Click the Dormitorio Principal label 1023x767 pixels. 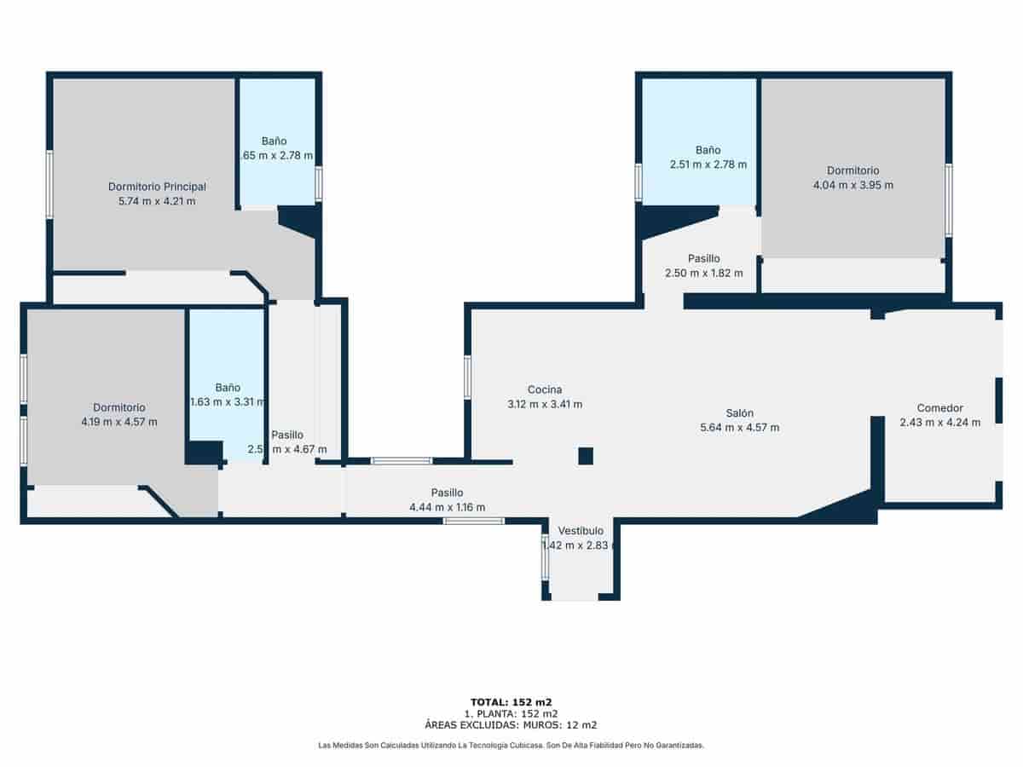[157, 187]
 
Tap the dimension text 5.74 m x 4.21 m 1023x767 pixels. [157, 201]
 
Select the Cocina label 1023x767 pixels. [544, 389]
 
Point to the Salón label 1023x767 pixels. [739, 412]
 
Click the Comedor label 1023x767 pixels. [939, 407]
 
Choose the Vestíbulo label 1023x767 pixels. [581, 530]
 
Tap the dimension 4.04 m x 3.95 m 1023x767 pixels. [852, 185]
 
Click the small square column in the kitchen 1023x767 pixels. [586, 456]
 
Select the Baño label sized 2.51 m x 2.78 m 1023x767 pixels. [708, 149]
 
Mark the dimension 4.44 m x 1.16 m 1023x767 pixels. [447, 507]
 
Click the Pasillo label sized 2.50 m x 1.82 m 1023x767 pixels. [703, 258]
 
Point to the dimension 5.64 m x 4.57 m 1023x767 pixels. [739, 427]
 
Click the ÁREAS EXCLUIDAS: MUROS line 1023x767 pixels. [511, 725]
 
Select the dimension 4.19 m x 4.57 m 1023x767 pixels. [118, 422]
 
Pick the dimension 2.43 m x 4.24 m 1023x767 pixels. [939, 422]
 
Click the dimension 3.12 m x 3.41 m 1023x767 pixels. [544, 404]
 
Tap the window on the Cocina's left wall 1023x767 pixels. [467, 377]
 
